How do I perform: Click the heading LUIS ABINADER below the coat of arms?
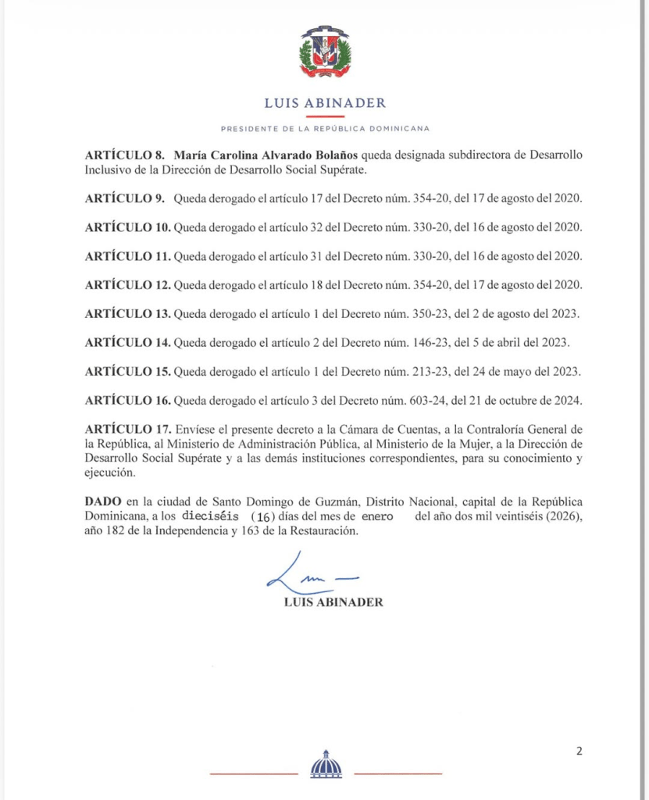pyautogui.click(x=325, y=102)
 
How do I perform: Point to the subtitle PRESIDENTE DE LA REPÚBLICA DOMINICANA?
pyautogui.click(x=325, y=128)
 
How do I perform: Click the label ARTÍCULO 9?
pyautogui.click(x=124, y=198)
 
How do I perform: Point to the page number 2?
pyautogui.click(x=579, y=752)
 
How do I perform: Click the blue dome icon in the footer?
pyautogui.click(x=326, y=765)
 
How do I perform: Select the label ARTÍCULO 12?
pyautogui.click(x=127, y=285)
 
